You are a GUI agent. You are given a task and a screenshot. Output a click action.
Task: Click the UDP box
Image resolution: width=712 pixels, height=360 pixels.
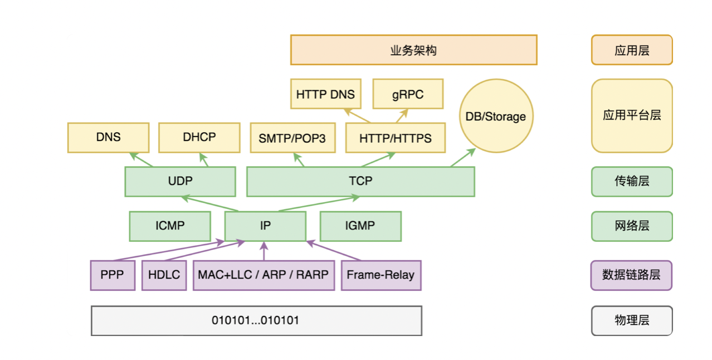[180, 182]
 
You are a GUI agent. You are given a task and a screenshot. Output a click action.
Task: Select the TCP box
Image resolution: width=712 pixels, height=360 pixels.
[361, 182]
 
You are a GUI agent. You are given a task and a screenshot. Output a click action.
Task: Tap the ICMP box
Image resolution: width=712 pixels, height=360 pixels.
[170, 226]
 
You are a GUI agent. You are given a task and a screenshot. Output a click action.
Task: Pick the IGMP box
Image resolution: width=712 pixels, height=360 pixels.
[360, 226]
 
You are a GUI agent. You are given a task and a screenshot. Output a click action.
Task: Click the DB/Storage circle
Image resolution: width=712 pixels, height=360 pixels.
[496, 116]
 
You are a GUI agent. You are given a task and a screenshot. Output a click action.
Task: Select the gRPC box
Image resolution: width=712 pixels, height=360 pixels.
[408, 94]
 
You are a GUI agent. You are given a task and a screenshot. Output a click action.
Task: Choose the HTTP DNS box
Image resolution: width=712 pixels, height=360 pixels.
[326, 94]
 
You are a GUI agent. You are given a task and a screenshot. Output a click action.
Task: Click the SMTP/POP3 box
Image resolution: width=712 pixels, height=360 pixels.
[292, 138]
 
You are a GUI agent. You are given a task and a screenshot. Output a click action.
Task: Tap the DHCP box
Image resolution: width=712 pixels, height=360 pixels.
[199, 138]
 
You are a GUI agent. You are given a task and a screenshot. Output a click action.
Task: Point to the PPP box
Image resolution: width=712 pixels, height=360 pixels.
[113, 275]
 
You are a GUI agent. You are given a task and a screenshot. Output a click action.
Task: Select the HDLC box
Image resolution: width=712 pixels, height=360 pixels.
[164, 275]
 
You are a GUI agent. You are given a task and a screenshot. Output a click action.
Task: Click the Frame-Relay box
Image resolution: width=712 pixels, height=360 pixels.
[381, 275]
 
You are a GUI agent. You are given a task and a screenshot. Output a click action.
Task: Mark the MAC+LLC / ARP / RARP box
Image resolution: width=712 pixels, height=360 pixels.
[264, 275]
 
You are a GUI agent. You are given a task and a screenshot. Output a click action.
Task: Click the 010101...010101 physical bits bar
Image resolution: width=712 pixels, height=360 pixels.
[256, 320]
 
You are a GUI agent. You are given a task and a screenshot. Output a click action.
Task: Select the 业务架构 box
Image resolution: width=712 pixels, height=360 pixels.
[414, 50]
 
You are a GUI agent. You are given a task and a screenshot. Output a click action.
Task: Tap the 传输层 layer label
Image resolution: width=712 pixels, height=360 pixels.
[632, 182]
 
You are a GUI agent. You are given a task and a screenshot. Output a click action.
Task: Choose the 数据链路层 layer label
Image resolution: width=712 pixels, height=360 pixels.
[631, 275]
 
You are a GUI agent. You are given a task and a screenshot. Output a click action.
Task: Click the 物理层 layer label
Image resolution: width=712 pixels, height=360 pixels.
[632, 320]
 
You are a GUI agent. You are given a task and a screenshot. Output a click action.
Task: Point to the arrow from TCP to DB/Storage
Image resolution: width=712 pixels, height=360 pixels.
[463, 157]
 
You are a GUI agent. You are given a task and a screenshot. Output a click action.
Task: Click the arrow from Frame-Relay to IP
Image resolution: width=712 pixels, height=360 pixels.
[333, 251]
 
